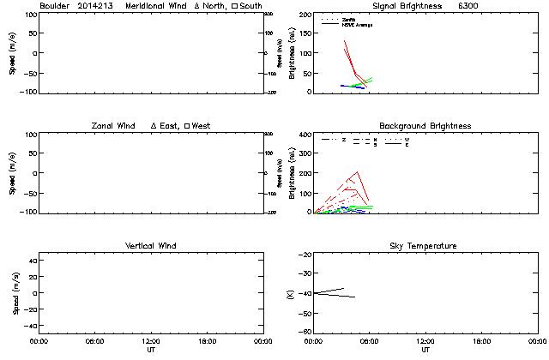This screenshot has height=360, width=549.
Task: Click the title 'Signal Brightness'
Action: (395, 6)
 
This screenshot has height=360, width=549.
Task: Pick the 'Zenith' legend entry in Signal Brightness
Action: (349, 19)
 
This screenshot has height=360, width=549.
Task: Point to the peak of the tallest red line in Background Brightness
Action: (357, 171)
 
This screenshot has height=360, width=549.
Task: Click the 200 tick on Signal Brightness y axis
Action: (301, 15)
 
